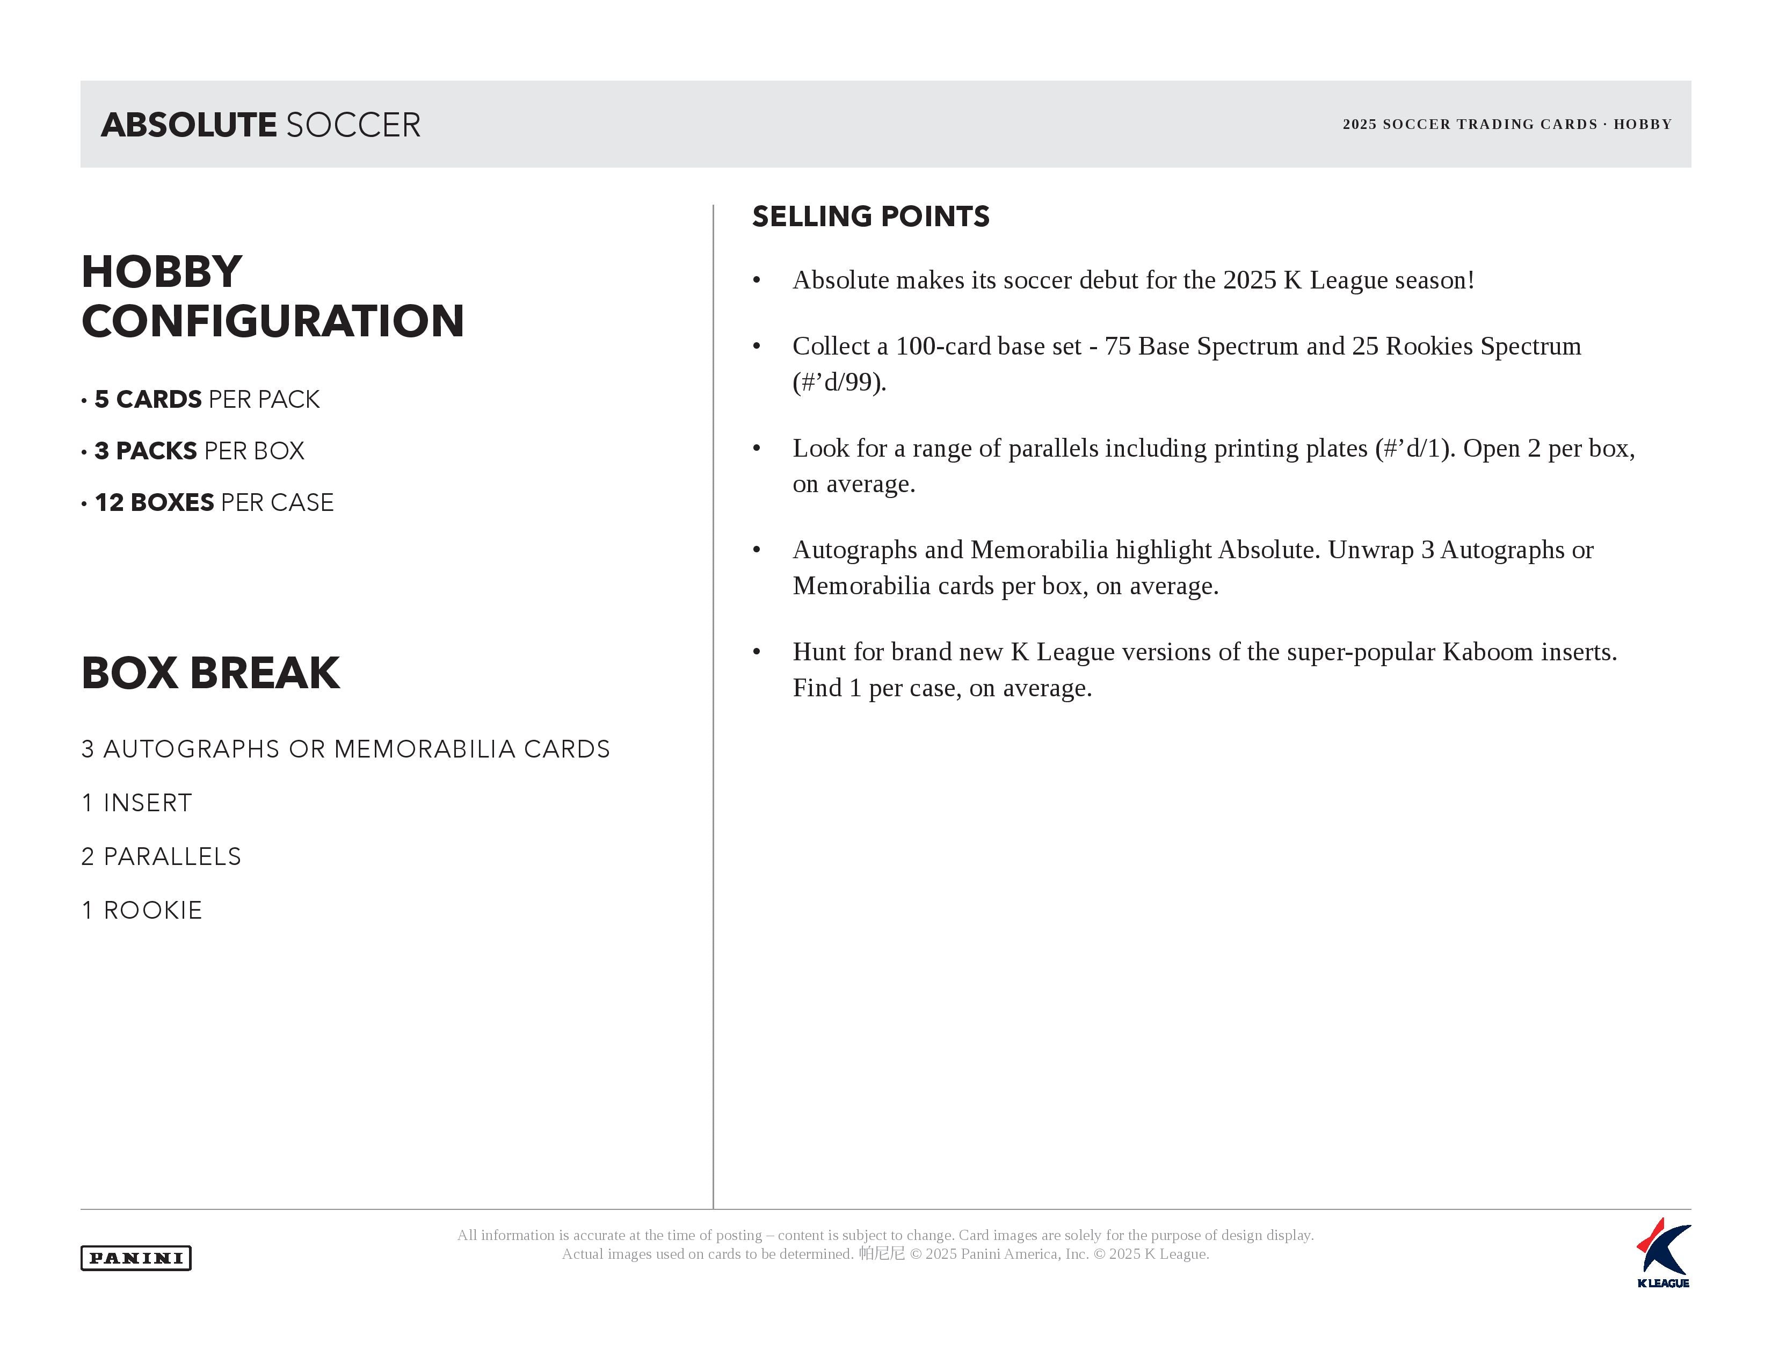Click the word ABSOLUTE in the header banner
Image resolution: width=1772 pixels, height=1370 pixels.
(189, 125)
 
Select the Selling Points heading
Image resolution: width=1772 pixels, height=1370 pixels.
(870, 217)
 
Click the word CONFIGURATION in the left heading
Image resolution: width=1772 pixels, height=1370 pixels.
(273, 321)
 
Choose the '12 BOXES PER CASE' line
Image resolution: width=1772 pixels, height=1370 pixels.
(214, 502)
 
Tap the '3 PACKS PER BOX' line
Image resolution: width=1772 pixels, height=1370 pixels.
(200, 450)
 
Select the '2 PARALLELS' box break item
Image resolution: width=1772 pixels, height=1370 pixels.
(162, 857)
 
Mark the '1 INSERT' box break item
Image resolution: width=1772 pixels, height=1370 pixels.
(137, 803)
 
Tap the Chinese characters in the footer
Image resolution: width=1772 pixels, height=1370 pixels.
(882, 1254)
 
